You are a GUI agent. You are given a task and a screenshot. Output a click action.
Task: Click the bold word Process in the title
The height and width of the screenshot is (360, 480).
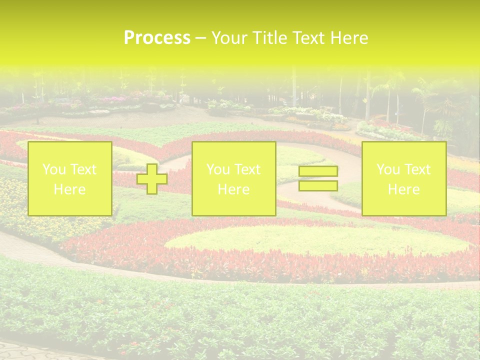pos(157,38)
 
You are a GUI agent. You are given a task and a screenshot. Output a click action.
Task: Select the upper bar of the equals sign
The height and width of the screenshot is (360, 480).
pos(318,171)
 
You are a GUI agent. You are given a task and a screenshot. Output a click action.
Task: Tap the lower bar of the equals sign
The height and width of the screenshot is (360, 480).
pos(318,185)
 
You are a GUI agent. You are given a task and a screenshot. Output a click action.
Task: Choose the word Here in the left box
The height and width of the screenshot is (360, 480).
pos(69,189)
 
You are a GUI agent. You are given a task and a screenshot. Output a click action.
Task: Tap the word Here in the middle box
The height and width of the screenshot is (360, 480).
pos(233,189)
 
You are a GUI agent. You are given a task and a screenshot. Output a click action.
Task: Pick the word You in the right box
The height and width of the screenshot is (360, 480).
pos(388,169)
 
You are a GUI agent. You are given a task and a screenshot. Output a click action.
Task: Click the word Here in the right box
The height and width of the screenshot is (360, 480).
pos(403,189)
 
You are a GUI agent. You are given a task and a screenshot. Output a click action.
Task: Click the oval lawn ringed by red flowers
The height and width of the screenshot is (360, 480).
pos(315,240)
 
